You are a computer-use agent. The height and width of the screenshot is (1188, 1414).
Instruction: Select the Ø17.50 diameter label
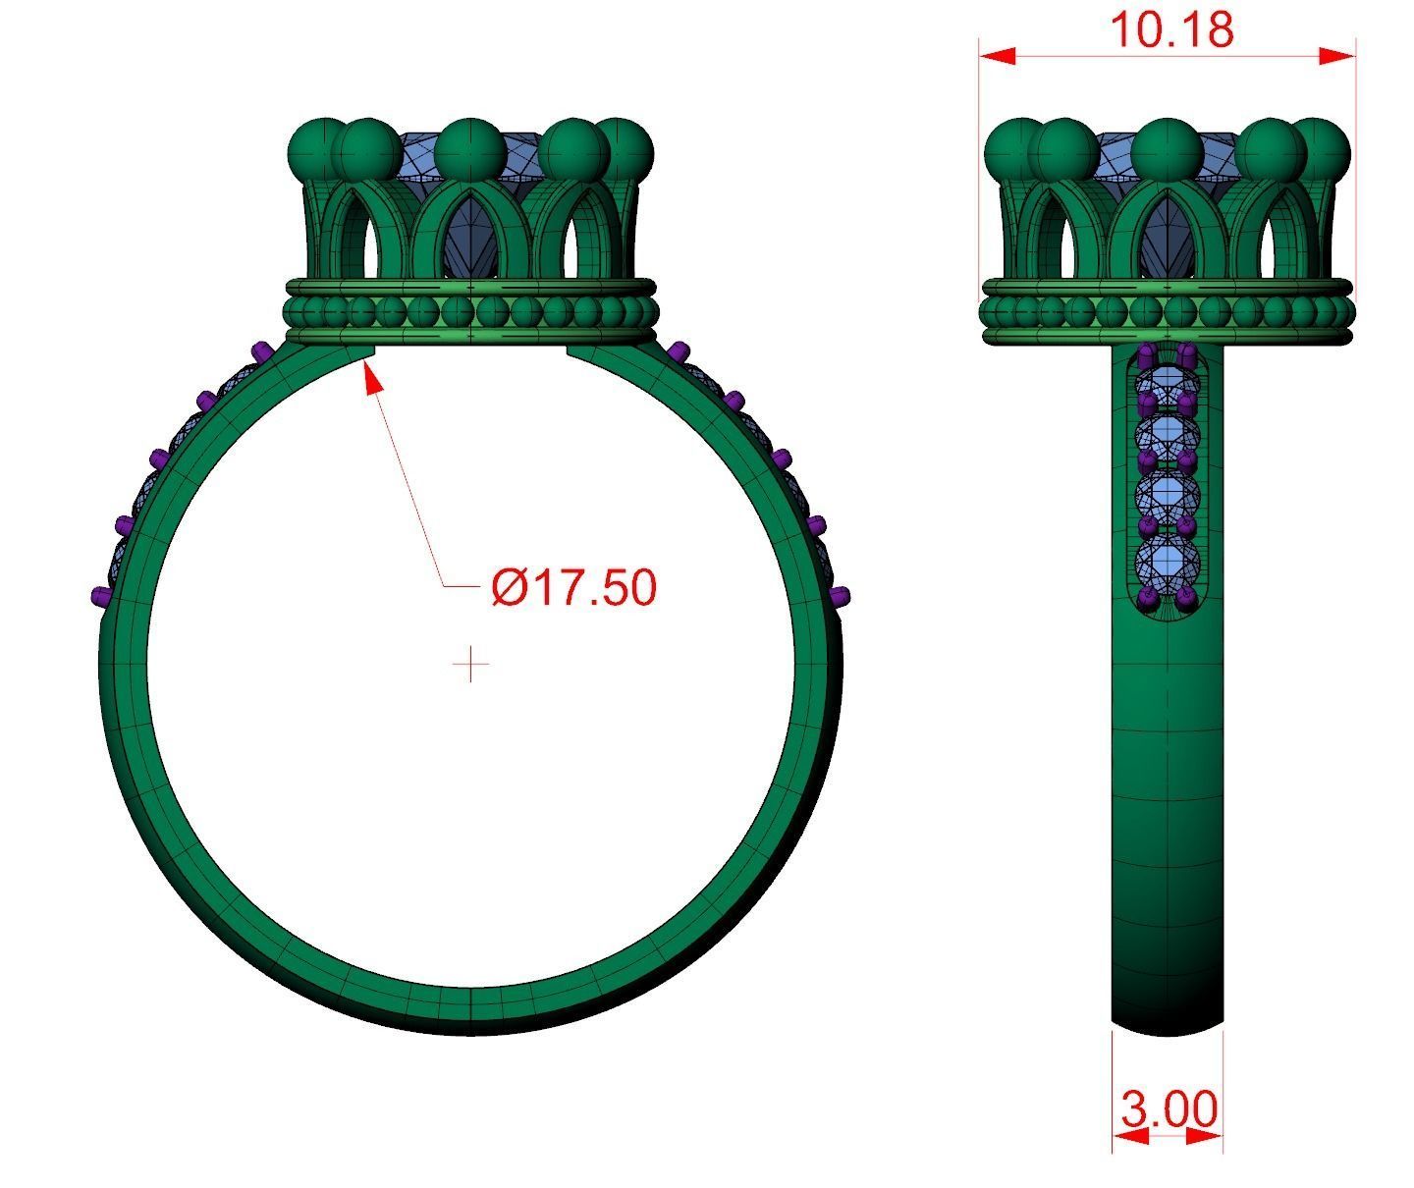click(x=573, y=587)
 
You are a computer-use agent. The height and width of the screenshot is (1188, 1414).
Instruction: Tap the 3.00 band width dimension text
click(x=1169, y=1109)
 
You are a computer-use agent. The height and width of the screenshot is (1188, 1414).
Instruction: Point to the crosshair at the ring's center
click(x=471, y=665)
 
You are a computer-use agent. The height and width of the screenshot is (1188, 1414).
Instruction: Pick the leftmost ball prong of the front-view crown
click(x=319, y=148)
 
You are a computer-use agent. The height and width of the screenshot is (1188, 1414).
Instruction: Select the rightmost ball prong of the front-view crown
click(x=623, y=148)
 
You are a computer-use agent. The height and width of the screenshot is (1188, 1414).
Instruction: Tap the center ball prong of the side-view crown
click(x=1168, y=150)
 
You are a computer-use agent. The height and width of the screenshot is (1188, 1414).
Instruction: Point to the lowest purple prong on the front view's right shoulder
click(x=841, y=595)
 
